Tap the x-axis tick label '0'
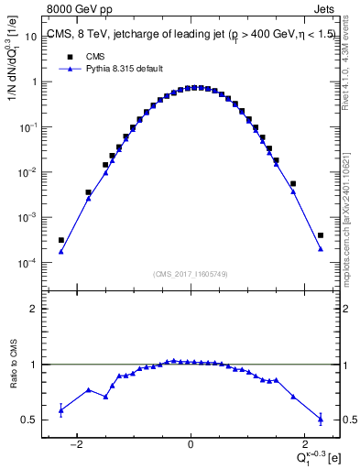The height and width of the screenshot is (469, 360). coord(191,446)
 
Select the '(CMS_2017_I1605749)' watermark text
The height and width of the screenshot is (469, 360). coord(190,273)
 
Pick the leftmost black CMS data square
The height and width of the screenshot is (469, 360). coord(61,240)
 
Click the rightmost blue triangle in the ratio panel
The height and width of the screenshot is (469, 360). coord(321,419)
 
